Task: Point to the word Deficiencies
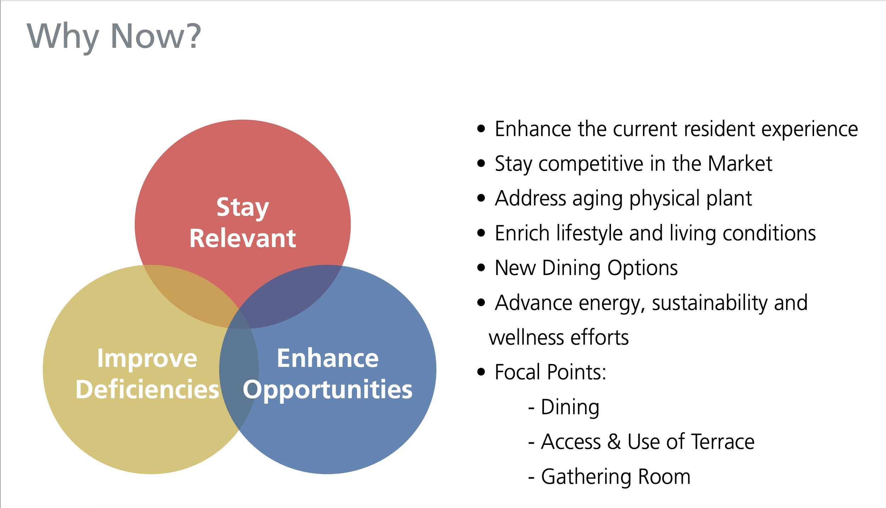pyautogui.click(x=147, y=390)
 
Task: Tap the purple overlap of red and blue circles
pyautogui.click(x=284, y=298)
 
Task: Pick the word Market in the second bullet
pyautogui.click(x=740, y=164)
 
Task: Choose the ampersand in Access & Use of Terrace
pyautogui.click(x=614, y=442)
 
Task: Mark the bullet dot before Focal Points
pyautogui.click(x=481, y=372)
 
